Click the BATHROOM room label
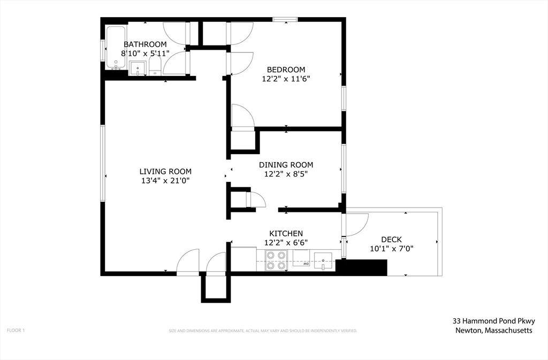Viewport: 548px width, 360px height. tap(145, 44)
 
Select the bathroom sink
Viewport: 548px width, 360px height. tap(138, 68)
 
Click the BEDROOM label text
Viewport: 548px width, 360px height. tap(286, 70)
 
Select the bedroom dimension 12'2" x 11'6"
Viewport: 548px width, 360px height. tap(286, 78)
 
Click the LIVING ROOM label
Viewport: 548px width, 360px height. tap(165, 171)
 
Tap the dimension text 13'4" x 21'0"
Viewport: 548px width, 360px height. tap(165, 180)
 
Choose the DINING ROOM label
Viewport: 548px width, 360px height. tap(286, 165)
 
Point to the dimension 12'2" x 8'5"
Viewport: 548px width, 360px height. tap(286, 174)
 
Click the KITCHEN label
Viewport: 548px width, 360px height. tap(286, 233)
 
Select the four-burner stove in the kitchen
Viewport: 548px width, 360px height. tap(276, 261)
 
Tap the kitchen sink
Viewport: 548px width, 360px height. tap(323, 261)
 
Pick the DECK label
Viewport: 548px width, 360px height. tap(391, 239)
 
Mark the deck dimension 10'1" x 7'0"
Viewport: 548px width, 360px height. tap(391, 248)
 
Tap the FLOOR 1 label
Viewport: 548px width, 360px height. tap(16, 331)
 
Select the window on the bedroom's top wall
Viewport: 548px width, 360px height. tap(285, 20)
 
